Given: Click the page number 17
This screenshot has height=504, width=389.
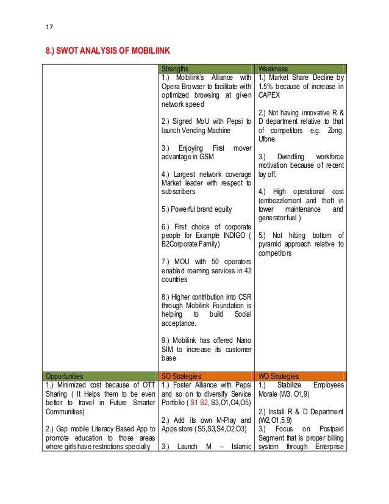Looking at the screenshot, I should [x=50, y=26].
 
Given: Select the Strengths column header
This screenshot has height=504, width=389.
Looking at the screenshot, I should [x=175, y=69].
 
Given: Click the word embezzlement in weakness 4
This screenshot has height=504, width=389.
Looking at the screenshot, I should [x=279, y=200].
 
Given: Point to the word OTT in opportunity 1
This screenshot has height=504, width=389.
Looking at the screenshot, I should [x=144, y=386].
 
